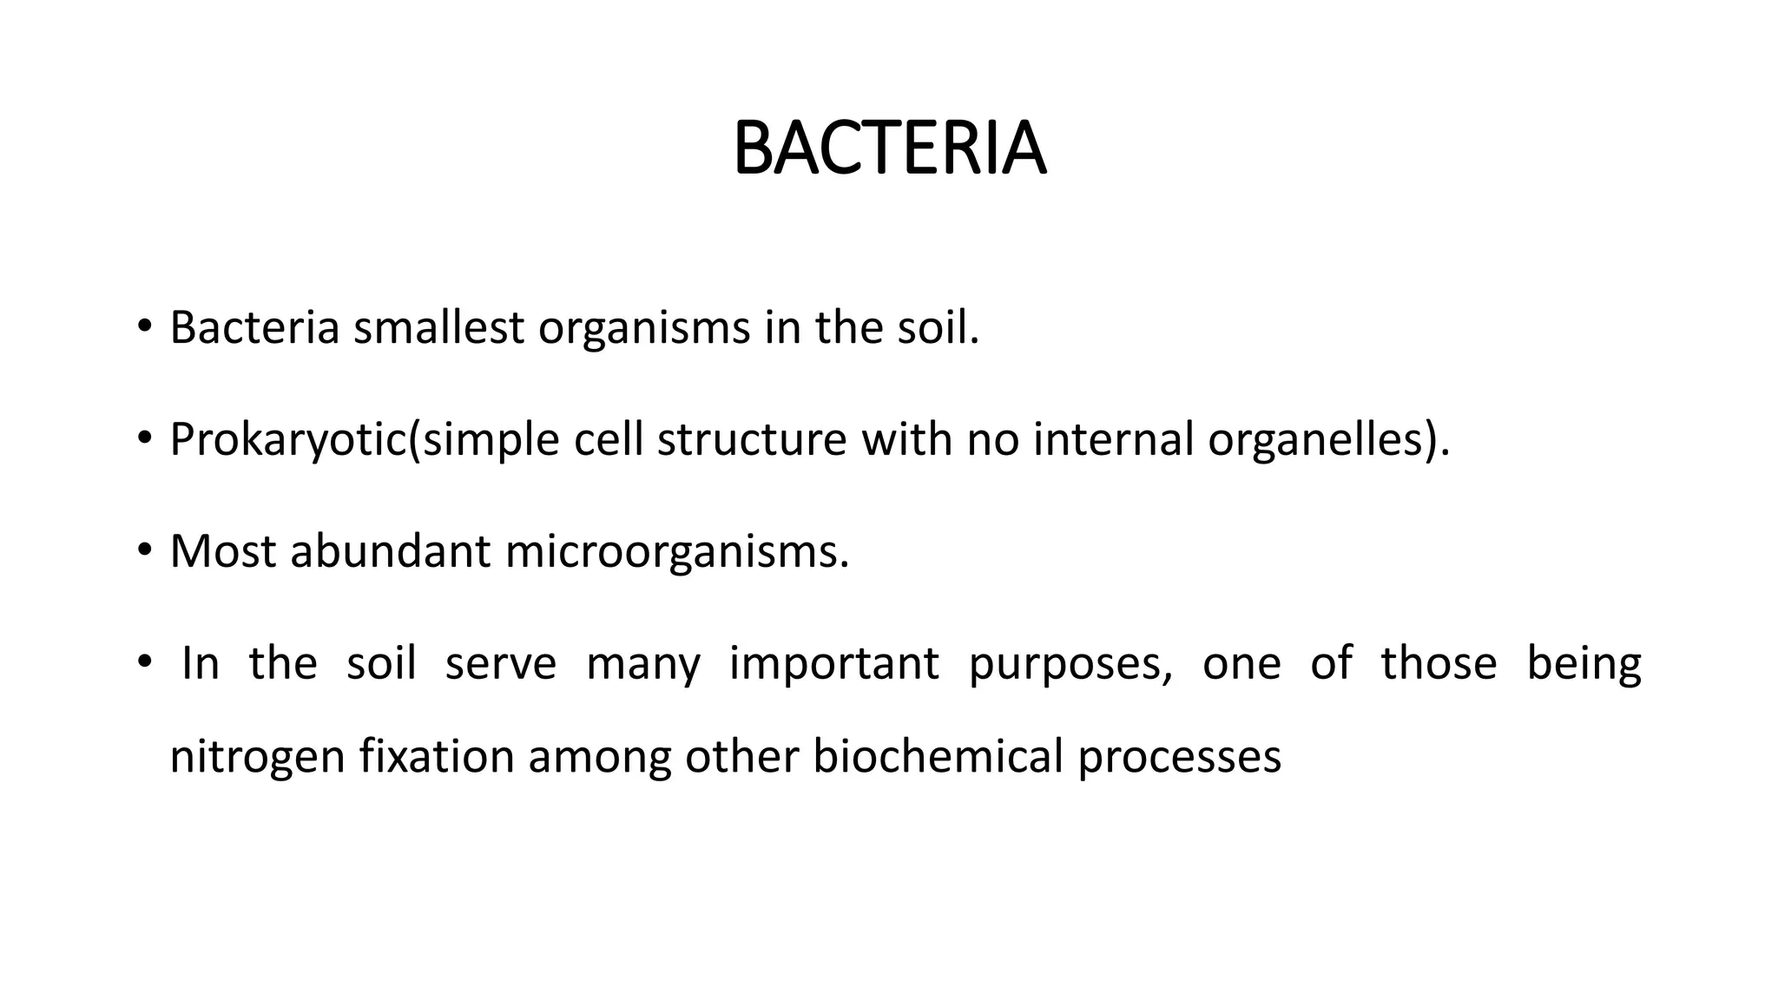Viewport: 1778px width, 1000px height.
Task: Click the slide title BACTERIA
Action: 889,149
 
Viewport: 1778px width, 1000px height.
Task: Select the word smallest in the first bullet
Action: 438,328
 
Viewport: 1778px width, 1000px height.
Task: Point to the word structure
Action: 751,439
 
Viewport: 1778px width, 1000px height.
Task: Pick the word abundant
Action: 390,551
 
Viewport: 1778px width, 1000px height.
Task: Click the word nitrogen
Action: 257,757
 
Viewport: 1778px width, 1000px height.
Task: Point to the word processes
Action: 1180,757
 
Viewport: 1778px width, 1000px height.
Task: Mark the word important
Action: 833,665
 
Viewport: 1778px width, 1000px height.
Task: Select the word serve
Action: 500,664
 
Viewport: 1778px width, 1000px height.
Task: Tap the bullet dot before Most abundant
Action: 144,550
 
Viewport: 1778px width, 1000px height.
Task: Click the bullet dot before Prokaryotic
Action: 144,438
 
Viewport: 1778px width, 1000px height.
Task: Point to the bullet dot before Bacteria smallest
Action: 144,327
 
